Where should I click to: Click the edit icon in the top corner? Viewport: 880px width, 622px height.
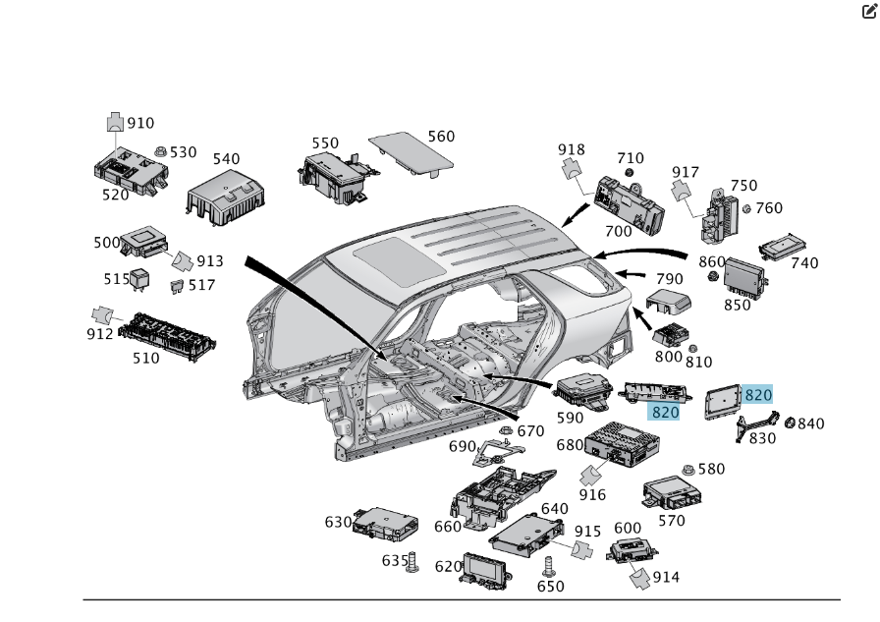coord(869,11)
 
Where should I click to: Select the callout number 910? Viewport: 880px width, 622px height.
coord(140,123)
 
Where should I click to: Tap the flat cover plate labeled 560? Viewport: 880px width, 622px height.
coord(411,154)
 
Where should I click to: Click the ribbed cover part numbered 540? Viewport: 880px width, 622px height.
coord(226,198)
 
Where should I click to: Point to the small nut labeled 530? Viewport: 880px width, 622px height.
coord(160,151)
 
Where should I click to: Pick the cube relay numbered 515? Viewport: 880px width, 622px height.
coord(140,280)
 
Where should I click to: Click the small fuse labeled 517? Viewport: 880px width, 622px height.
coord(177,287)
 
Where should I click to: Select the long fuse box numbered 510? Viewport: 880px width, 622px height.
coord(167,336)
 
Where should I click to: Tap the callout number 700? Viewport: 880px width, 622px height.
coord(618,231)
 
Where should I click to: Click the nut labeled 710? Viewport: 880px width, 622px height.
coord(630,172)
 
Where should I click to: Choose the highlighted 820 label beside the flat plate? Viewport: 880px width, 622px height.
coord(757,395)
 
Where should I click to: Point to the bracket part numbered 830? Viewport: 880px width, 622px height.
coord(756,427)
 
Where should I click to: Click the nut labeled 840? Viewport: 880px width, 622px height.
coord(790,423)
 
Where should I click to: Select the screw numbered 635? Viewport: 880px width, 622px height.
coord(412,562)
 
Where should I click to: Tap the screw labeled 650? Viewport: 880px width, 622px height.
coord(549,567)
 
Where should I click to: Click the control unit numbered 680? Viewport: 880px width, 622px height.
coord(622,444)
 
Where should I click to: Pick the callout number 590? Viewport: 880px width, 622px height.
coord(570,418)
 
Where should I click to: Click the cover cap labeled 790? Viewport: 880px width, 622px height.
coord(668,302)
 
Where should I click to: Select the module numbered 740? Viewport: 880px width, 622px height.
coord(783,247)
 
